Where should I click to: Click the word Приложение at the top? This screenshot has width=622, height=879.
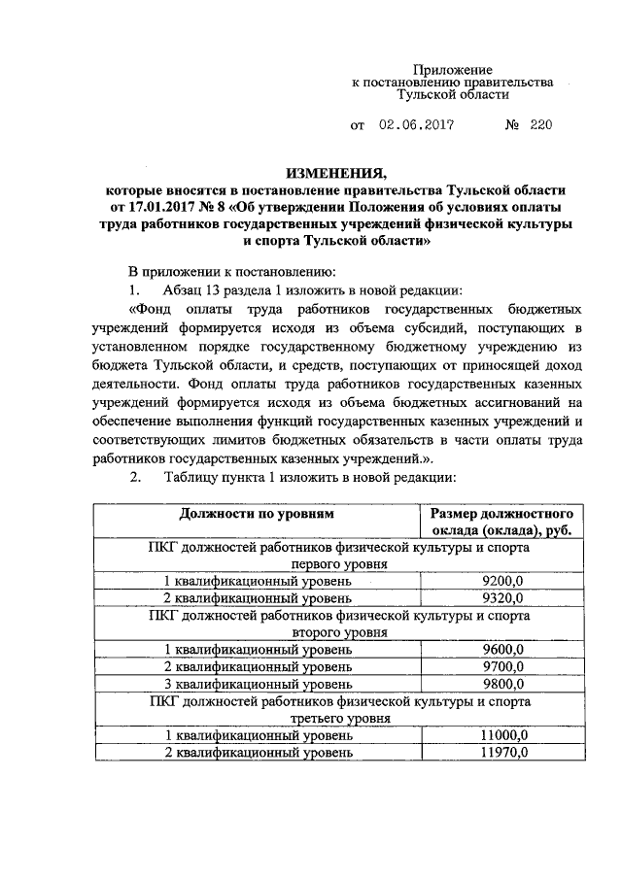click(454, 69)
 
